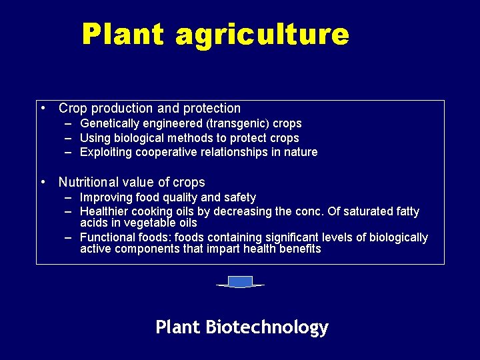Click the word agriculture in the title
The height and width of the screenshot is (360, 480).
coord(262,35)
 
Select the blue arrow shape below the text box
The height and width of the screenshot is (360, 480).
coord(240,282)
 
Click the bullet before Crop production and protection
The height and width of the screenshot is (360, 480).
coord(42,108)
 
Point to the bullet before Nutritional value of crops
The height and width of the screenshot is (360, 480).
coord(42,182)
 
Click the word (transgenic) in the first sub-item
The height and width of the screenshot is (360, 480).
coord(236,123)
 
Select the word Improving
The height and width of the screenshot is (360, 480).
coord(105,197)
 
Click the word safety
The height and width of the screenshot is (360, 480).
coord(240,197)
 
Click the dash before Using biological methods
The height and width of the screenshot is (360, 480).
coord(69,138)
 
